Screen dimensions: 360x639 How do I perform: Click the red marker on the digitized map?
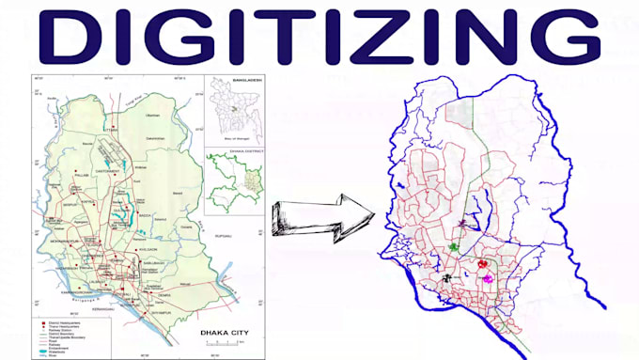coord(482,266)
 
